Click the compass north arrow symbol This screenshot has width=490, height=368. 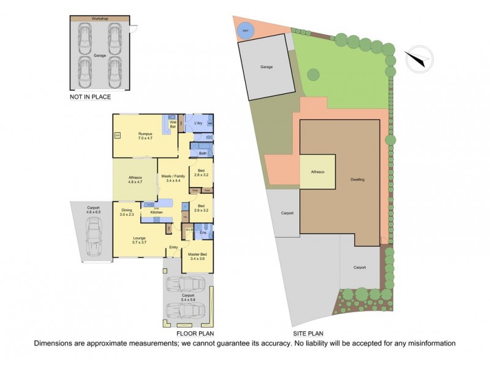coord(417,58)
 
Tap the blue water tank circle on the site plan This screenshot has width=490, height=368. coord(246,31)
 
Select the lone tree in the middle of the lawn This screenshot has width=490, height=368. coord(313,75)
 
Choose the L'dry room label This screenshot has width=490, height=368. coord(198,124)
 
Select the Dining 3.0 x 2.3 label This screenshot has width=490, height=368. coord(126,212)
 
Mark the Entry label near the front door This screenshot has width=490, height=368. coord(174,247)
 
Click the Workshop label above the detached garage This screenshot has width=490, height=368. coord(100,19)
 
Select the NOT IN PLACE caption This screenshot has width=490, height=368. coord(91,96)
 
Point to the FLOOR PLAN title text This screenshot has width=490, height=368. coord(195,334)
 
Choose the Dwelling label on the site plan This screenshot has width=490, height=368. coord(358,180)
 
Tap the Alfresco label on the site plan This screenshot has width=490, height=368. coord(317,172)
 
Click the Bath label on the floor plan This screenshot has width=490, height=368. coord(202,153)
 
